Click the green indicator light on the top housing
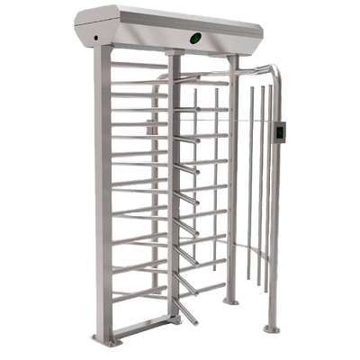coord(195,38)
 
